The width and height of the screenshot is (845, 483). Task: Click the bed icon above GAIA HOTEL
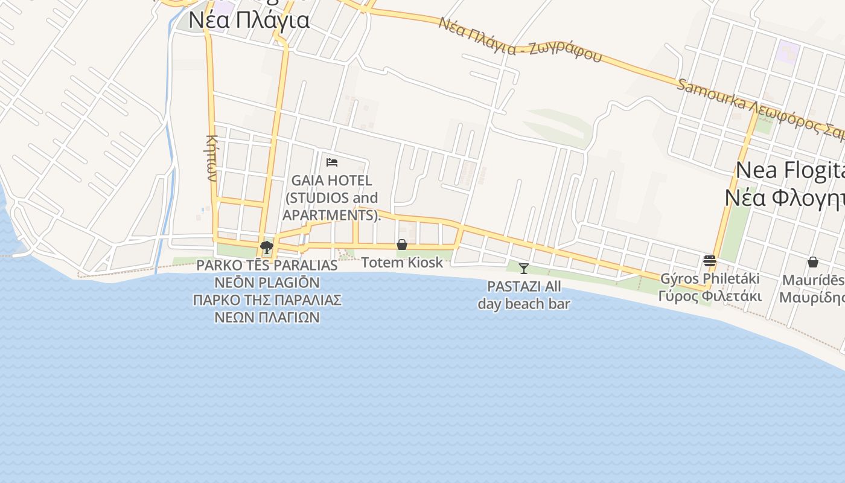(x=332, y=162)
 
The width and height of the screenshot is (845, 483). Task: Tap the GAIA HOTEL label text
(x=331, y=180)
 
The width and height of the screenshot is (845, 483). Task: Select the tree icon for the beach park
(x=266, y=247)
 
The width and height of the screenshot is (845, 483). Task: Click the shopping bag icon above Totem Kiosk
(x=402, y=245)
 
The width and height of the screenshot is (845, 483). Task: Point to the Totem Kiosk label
(x=402, y=263)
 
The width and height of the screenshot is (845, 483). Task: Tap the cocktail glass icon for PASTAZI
(x=524, y=269)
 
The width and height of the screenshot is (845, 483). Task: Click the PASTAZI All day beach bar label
(x=524, y=295)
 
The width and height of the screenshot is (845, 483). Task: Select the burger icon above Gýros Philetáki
(x=710, y=261)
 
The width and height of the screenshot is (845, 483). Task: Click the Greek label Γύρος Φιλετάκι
(x=710, y=296)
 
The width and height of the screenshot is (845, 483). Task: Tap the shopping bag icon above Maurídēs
(x=813, y=262)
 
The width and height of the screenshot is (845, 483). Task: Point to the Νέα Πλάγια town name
(x=249, y=20)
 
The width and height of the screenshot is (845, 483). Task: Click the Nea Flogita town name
(x=789, y=170)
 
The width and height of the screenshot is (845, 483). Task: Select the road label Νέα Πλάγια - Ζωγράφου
(x=520, y=40)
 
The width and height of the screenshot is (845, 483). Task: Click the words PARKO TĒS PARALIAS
(x=267, y=265)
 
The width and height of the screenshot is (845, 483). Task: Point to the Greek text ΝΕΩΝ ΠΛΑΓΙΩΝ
(x=267, y=317)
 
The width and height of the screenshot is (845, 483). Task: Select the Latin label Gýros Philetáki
(x=710, y=279)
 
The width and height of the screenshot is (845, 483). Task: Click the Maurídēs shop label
(x=813, y=280)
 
